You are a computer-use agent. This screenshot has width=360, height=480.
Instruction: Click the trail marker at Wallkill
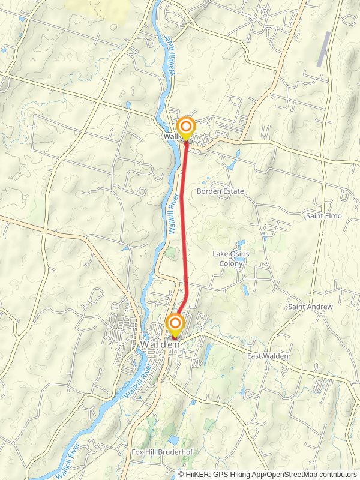pyautogui.click(x=186, y=127)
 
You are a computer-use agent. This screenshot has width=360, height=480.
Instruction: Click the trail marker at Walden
pyautogui.click(x=175, y=325)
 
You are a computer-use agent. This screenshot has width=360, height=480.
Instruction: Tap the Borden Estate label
pyautogui.click(x=220, y=191)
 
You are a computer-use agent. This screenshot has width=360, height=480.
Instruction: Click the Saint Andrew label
pyautogui.click(x=310, y=307)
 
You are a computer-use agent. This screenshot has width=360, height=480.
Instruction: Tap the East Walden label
pyautogui.click(x=268, y=356)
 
